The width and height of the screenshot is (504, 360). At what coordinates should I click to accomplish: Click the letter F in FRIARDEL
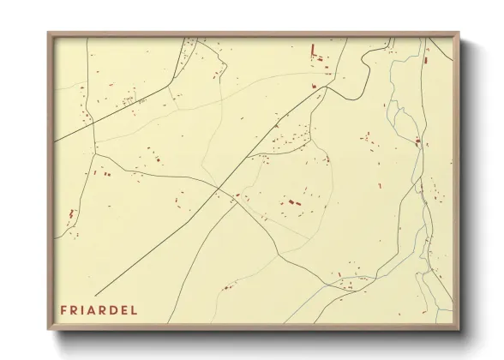point(63,309)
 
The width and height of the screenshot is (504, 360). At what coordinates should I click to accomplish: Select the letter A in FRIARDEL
point(97,309)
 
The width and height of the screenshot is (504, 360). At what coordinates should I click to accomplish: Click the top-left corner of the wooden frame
point(48,33)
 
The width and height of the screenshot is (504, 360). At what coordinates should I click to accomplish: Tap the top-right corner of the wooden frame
point(459,33)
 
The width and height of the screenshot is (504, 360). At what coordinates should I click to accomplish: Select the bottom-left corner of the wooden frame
point(48,330)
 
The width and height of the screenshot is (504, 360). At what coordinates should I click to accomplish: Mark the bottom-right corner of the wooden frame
point(459,330)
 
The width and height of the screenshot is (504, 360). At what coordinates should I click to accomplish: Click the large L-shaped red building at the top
point(315,51)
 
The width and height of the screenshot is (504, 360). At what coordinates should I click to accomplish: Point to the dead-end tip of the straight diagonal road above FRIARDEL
point(95,295)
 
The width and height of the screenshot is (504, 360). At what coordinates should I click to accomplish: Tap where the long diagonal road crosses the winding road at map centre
point(220,189)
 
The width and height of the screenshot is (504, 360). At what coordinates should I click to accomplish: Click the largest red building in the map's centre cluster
point(291,202)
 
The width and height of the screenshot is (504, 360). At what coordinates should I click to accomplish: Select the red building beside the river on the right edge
point(417,141)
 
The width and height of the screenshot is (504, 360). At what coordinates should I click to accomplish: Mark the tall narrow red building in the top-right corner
point(426,57)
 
